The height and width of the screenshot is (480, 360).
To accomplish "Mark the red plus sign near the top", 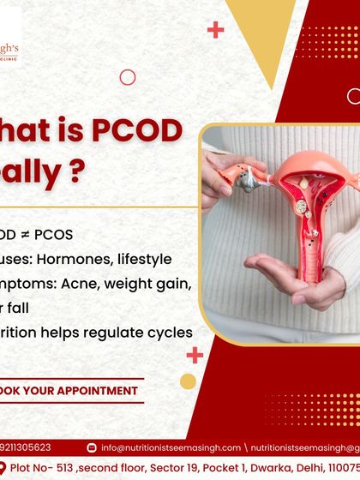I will point(215,30).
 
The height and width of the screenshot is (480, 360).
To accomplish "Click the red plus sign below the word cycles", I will point(195,354).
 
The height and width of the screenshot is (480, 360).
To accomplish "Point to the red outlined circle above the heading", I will point(127,77).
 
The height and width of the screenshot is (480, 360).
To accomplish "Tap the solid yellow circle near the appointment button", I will point(188,381).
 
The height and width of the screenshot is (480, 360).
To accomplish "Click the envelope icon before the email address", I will point(92,447).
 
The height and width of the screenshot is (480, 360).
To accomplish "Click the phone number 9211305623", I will point(26,447).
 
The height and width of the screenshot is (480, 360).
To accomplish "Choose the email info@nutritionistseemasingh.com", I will point(165,447).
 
